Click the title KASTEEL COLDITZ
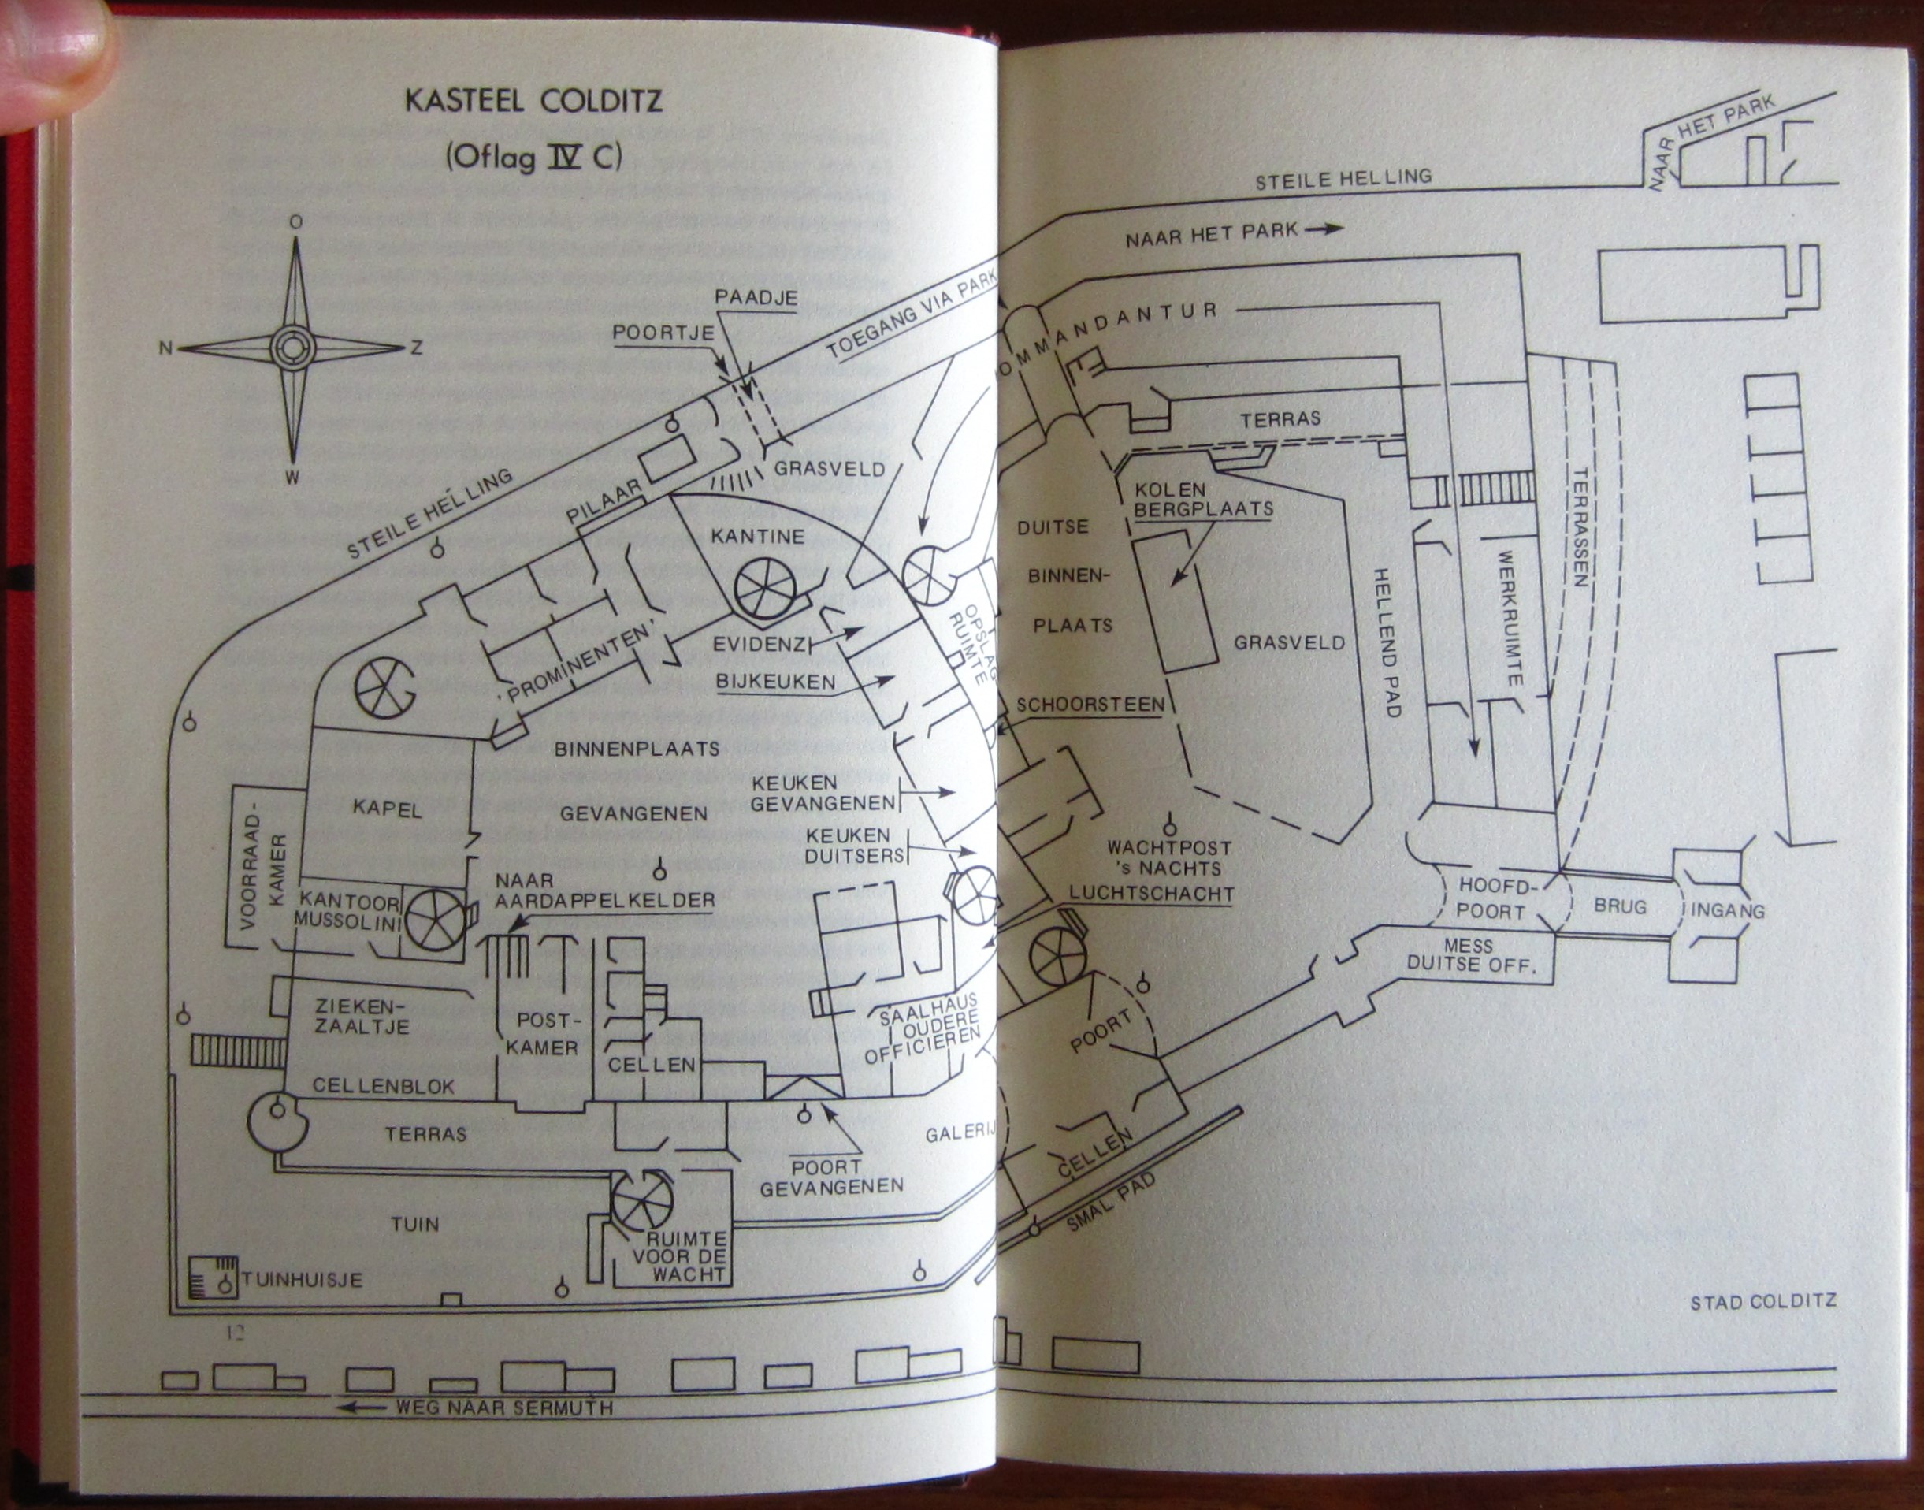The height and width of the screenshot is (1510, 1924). coord(533,101)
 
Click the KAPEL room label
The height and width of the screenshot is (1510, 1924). coord(386,808)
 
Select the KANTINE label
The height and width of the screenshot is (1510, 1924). coord(757,536)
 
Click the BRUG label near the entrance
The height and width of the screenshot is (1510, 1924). coord(1620,906)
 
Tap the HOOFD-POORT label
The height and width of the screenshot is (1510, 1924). coord(1491,898)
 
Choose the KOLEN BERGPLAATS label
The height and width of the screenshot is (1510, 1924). coord(1203,499)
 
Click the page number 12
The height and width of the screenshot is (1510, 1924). coord(234,1333)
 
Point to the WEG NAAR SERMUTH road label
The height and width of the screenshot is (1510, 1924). coord(503,1408)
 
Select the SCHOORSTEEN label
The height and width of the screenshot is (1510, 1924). coord(1090,705)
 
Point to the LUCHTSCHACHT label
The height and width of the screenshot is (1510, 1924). coord(1152,893)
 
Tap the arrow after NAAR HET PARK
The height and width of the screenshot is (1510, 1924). coord(1323,228)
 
